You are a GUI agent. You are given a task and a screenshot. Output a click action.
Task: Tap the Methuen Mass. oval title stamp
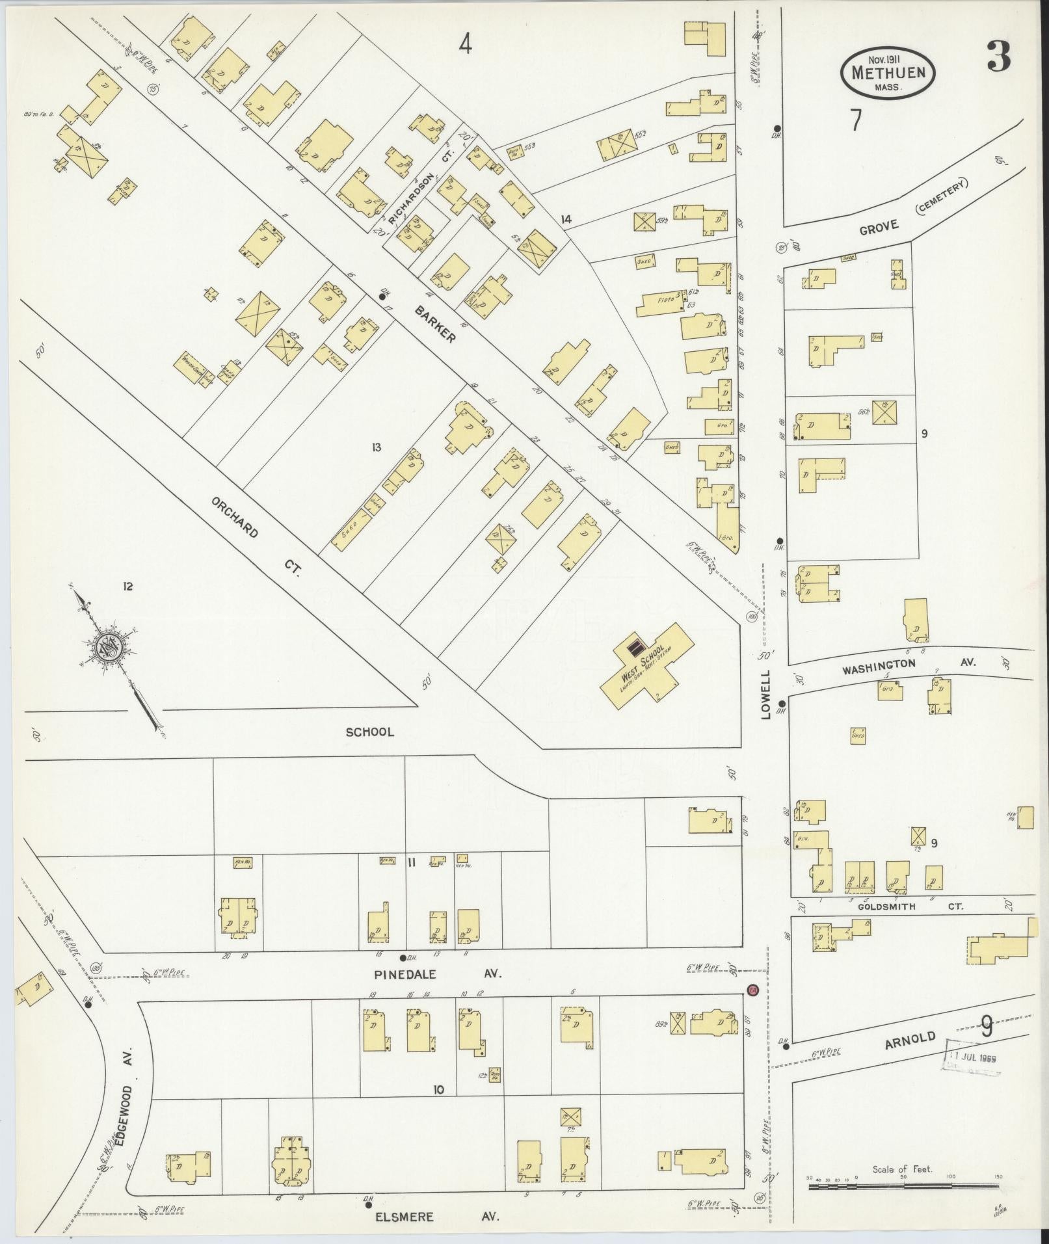[x=888, y=73]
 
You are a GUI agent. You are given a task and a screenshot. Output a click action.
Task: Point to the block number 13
[x=376, y=447]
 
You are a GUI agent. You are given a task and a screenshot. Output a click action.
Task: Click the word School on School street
[x=369, y=732]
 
